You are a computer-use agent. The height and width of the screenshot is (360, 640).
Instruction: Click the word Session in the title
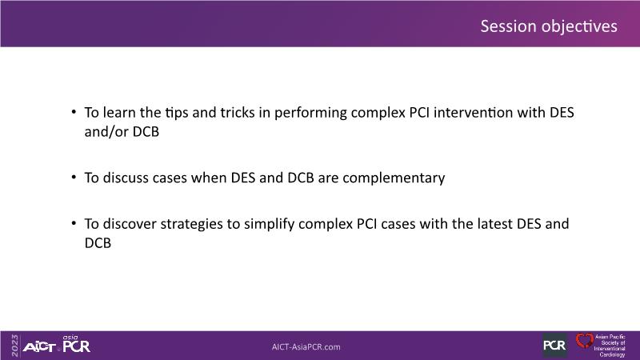(x=508, y=26)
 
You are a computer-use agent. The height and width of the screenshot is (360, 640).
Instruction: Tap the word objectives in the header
(x=579, y=27)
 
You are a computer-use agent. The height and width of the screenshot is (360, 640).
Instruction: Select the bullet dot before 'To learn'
(x=74, y=111)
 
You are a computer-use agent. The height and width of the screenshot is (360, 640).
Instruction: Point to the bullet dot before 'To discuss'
(x=74, y=177)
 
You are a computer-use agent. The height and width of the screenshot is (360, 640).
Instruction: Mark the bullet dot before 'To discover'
(x=74, y=223)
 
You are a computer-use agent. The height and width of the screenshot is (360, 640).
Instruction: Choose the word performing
(x=310, y=113)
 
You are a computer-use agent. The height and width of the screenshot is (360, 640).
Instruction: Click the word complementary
(x=394, y=178)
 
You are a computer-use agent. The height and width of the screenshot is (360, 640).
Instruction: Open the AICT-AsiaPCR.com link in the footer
(x=306, y=347)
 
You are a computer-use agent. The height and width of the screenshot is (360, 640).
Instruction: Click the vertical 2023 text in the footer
(x=14, y=346)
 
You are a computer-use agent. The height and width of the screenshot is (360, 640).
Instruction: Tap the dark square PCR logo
(x=554, y=346)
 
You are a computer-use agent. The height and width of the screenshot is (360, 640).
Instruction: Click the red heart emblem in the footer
(x=584, y=341)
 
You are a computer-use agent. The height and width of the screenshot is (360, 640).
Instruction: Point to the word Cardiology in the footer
(x=612, y=354)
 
